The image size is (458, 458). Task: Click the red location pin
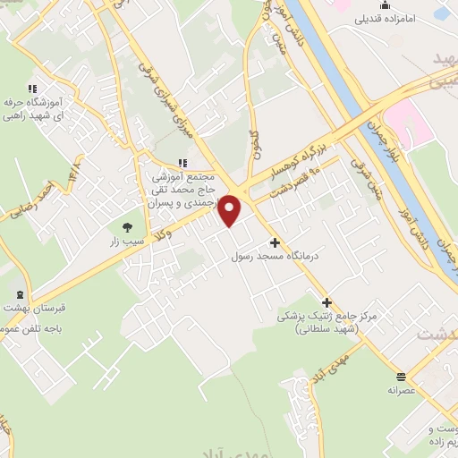(x=231, y=210)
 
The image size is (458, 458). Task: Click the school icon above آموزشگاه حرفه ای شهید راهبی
(x=33, y=89)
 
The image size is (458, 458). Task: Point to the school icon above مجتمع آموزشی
(x=183, y=163)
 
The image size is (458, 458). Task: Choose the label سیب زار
(x=126, y=242)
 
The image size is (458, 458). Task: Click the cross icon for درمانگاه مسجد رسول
(x=275, y=242)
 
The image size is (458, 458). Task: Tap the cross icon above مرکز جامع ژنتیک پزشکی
(x=327, y=302)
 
